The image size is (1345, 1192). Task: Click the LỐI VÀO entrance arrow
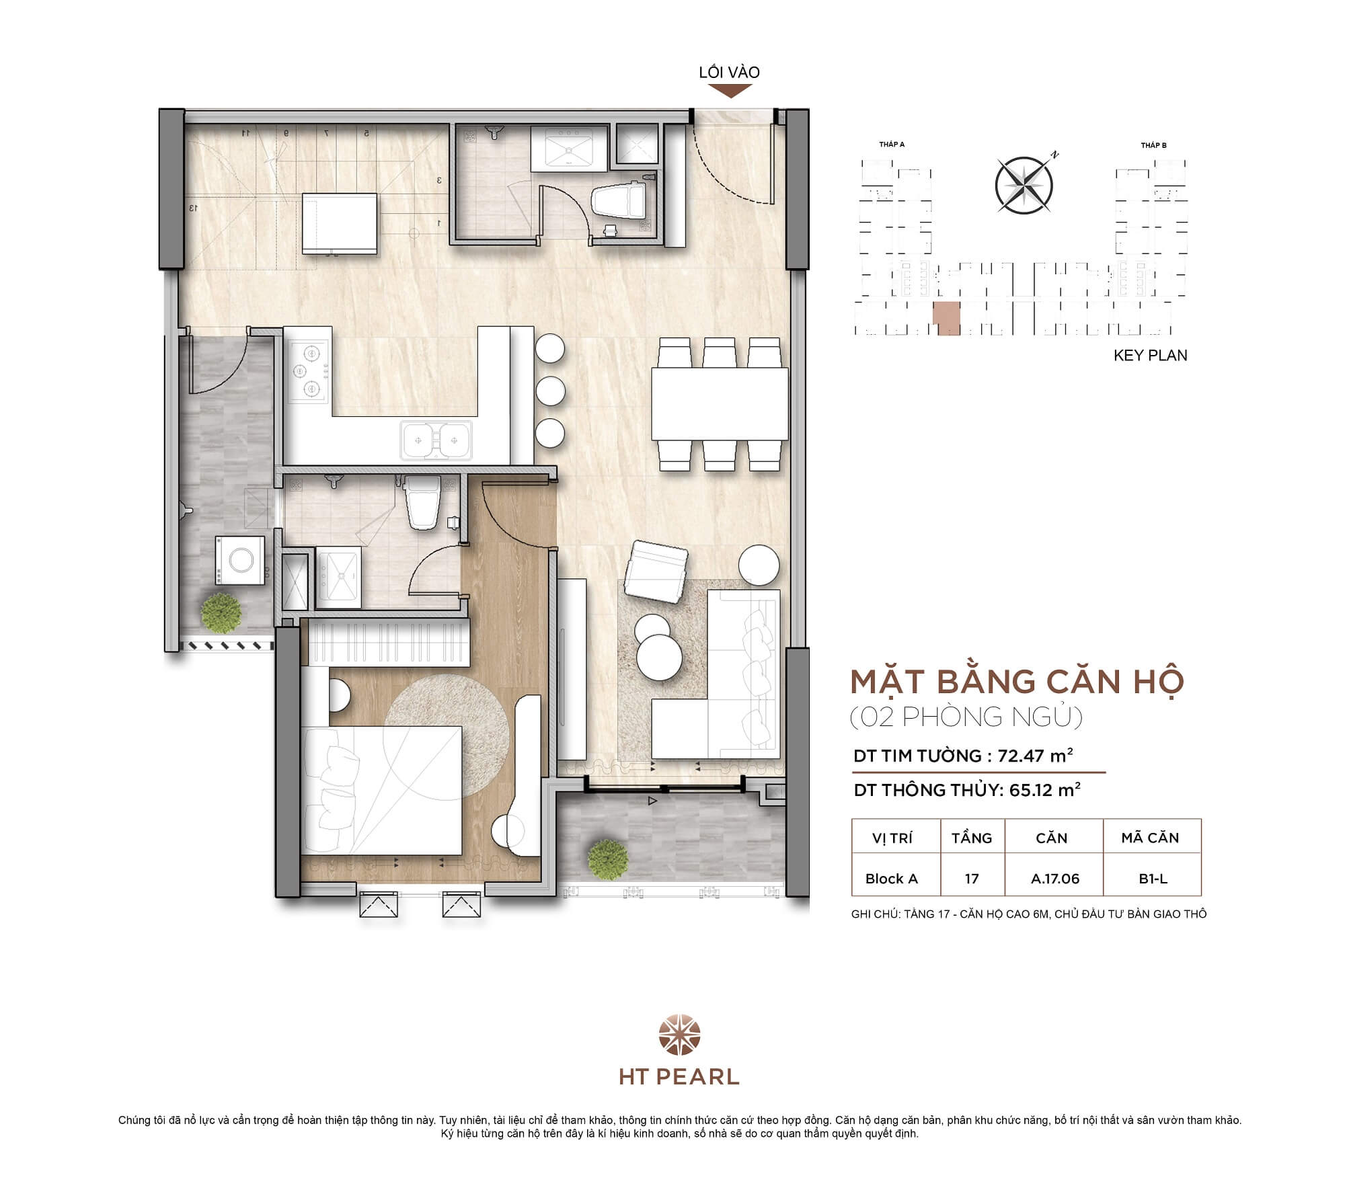(730, 91)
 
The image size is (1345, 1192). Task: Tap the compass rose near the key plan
(1024, 184)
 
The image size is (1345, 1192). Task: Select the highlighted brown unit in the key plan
(946, 319)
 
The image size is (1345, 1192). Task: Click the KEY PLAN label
(1150, 355)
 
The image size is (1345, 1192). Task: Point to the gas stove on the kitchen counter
(309, 370)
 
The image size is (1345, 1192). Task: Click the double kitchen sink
(436, 440)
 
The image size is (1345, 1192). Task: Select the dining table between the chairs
(720, 404)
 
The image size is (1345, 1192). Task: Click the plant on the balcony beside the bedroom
(607, 859)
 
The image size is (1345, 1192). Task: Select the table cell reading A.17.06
(1054, 879)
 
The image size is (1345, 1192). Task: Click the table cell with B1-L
(1153, 879)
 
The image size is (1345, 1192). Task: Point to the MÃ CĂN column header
(1150, 838)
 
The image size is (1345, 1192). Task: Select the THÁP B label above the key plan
(1153, 145)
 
